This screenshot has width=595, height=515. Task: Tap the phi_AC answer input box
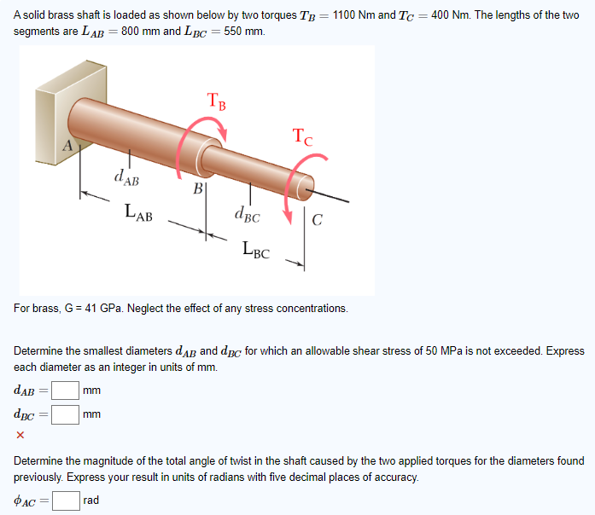coord(66,500)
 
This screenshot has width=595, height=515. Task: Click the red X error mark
coord(20,436)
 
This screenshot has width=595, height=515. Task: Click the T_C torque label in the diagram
coord(302,136)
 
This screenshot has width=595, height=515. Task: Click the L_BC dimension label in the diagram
coord(256,251)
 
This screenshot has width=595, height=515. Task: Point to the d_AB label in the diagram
coord(126,178)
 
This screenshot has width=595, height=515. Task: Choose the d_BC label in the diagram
coord(248,216)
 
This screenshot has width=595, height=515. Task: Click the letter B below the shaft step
coord(197,188)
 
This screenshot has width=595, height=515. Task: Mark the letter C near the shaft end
coord(317,223)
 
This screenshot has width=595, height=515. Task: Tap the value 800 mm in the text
coord(140,31)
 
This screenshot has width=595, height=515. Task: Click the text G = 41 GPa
coord(93,308)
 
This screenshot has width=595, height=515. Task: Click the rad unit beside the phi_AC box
coord(91,500)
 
